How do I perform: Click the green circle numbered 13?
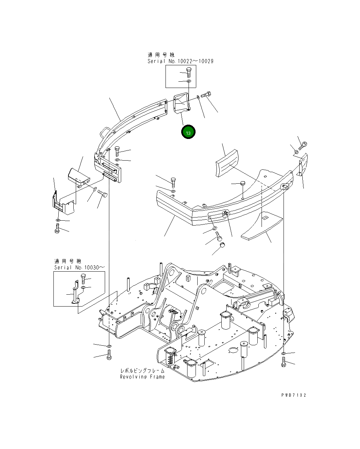188,132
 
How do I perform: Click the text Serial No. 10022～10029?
180,61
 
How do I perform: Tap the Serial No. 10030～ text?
79,267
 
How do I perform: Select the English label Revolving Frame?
142,377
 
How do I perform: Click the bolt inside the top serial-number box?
189,72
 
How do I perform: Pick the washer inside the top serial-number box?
189,81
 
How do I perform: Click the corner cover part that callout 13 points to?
181,104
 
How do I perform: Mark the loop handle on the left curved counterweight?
105,131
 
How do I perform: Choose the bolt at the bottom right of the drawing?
283,363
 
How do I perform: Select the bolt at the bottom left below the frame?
109,356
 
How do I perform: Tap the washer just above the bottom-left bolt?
109,346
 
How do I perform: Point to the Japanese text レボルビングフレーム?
142,371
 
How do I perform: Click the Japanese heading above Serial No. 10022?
161,55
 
